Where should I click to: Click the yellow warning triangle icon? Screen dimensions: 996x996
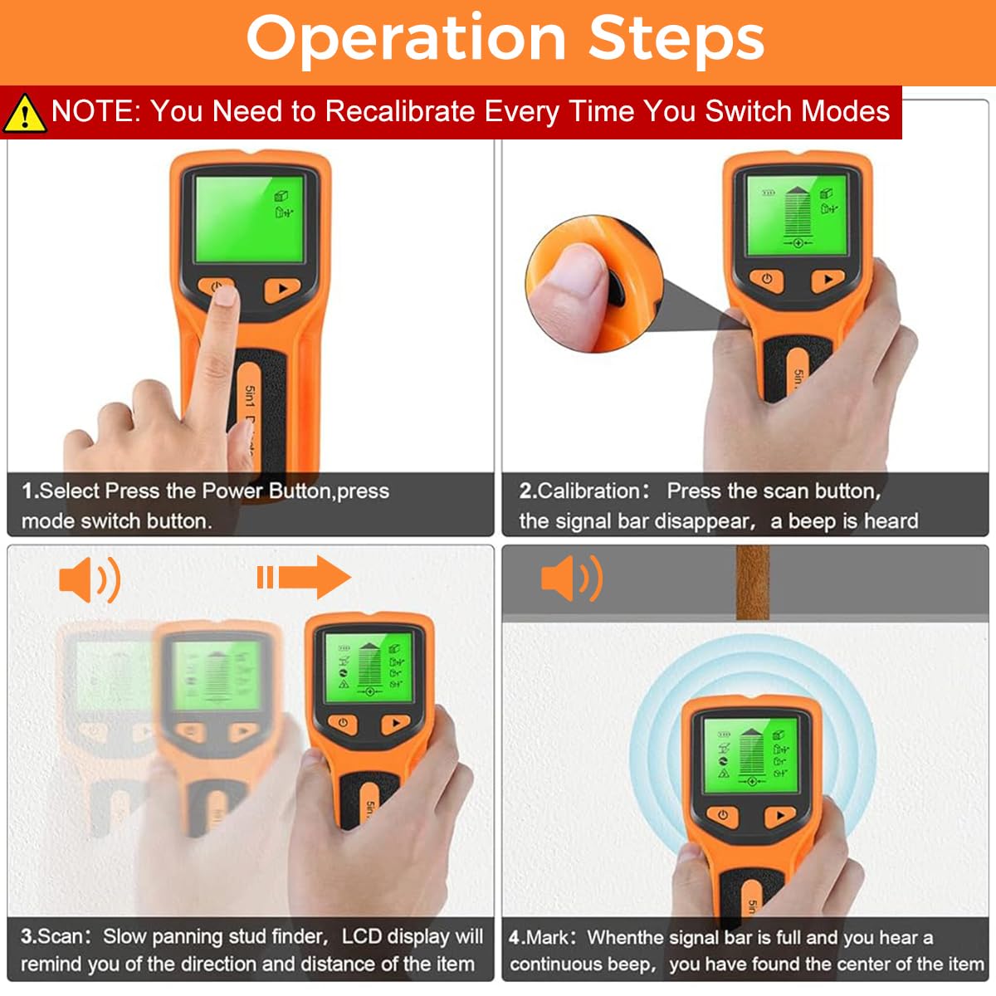coord(24,114)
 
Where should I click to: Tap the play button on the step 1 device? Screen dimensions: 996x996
coord(282,290)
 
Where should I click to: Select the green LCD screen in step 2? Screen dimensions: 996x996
coord(796,216)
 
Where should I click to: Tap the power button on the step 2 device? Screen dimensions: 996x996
coord(767,280)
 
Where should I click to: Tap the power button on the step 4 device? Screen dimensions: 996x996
coord(723,815)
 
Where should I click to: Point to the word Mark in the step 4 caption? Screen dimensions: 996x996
coord(549,937)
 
